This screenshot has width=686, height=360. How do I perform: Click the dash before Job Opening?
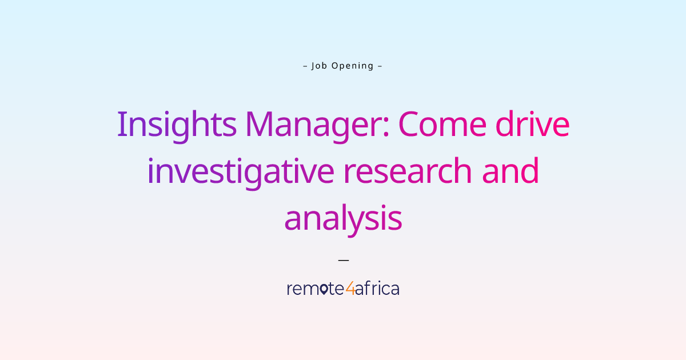[x=305, y=66]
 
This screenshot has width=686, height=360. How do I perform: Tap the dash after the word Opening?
[x=380, y=66]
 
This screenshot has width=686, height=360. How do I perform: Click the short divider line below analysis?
[x=343, y=260]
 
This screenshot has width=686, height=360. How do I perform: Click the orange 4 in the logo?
[x=350, y=289]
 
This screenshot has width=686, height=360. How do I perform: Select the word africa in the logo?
[x=377, y=289]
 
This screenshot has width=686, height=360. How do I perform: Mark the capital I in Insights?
[x=121, y=124]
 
